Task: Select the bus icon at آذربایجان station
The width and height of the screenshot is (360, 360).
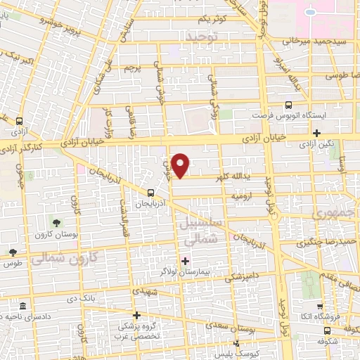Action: click(x=150, y=192)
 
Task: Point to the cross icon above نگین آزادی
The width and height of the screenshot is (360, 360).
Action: click(x=317, y=132)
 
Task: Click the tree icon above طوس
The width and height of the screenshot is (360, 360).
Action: click(x=12, y=252)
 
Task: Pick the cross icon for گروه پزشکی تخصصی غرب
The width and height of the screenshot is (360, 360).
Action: click(x=137, y=316)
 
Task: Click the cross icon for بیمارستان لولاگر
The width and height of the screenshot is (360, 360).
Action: click(x=185, y=261)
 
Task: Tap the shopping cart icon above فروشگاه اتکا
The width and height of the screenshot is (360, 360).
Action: click(x=320, y=307)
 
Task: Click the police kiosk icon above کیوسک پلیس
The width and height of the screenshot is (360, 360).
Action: click(x=236, y=343)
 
